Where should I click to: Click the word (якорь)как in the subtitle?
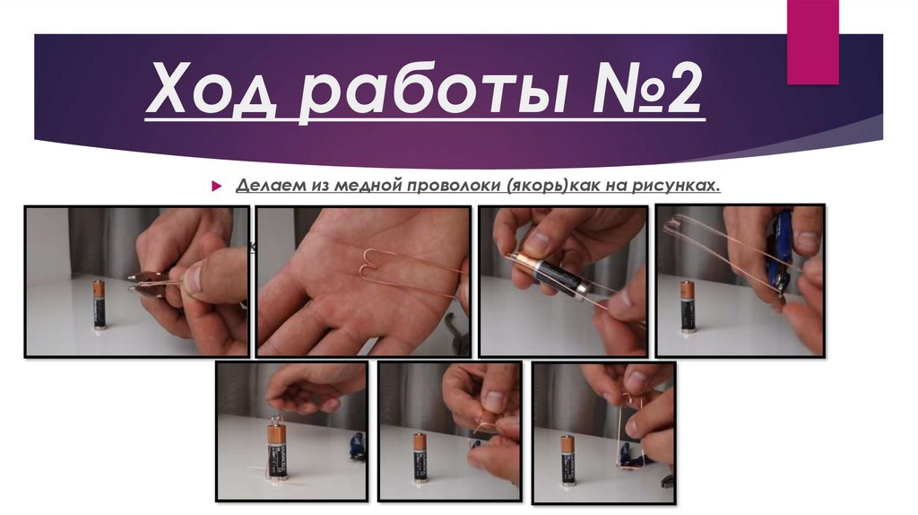point(557,186)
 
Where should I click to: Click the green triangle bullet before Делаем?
point(215,186)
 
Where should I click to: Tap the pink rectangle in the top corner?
point(812,40)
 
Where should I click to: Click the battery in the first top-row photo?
point(99,304)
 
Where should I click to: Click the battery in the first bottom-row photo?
point(276,449)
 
